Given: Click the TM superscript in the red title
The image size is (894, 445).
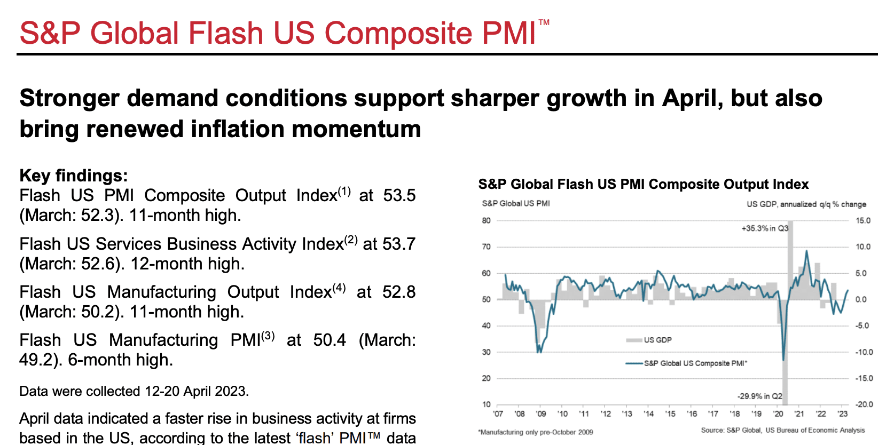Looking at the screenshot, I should point(544,22).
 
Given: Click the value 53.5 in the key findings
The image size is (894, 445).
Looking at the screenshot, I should point(399,196).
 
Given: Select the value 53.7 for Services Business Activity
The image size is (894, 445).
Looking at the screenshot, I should point(399,244).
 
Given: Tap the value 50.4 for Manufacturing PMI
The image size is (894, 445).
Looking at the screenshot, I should point(329,340).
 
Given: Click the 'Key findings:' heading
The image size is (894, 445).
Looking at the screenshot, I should point(74,176).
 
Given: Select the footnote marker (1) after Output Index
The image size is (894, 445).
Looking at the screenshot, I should point(344,192).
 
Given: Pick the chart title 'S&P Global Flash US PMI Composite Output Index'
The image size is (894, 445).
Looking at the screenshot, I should point(643,184).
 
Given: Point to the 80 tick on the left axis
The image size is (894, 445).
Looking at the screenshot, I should point(486,220).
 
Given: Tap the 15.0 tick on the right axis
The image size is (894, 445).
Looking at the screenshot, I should point(862,220).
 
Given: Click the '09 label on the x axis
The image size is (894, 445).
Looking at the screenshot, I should point(540,414).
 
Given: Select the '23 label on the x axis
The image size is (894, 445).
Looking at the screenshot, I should point(842,414).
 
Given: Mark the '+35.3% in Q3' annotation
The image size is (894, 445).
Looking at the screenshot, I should point(764,228).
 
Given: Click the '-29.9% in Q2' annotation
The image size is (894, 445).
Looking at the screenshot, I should point(759,396).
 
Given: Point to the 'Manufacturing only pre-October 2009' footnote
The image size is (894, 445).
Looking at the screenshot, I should point(536,432).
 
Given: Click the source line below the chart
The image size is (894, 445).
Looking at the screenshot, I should point(782,430).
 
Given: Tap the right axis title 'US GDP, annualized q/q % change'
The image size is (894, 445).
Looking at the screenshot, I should point(806,204).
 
